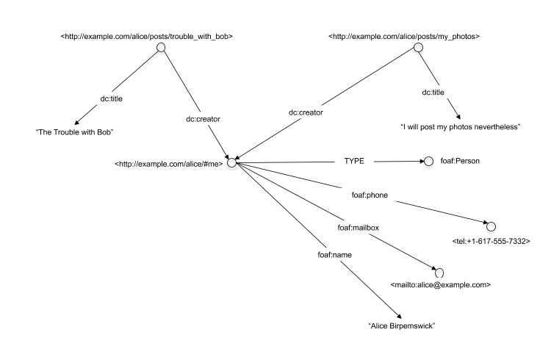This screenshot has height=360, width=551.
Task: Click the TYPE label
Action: [354, 161]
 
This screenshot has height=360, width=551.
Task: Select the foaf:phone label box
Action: [370, 195]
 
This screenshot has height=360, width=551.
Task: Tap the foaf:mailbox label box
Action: [358, 228]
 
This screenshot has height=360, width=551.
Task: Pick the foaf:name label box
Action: [334, 255]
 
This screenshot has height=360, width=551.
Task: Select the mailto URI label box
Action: [440, 284]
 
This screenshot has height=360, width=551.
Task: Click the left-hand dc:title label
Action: [112, 98]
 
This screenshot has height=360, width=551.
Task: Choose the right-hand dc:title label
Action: [433, 93]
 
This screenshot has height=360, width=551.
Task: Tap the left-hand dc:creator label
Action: [203, 119]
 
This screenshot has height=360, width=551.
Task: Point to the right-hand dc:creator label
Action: [306, 112]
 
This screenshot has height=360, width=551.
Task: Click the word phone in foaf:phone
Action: [377, 195]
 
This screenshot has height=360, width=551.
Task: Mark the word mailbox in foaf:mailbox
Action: [365, 228]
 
